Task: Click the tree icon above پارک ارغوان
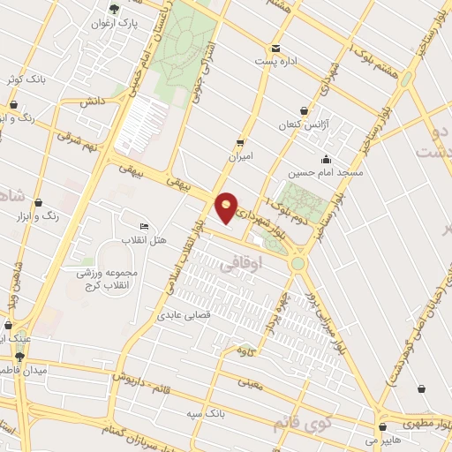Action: (x=113, y=8)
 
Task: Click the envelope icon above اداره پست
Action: (x=275, y=48)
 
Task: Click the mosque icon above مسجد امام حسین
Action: (x=326, y=160)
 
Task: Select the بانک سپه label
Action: (x=205, y=412)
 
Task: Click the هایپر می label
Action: (x=383, y=437)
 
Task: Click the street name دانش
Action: (x=90, y=103)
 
